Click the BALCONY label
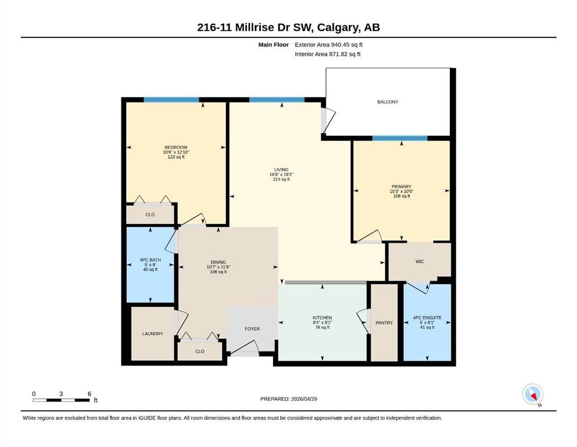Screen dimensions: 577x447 click(388, 102)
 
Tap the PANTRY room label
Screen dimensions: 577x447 click(384, 322)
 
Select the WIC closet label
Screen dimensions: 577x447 click(420, 261)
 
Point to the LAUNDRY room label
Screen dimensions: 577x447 click(152, 334)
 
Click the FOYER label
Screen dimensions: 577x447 click(252, 329)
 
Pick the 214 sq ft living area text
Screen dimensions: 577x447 click(281, 179)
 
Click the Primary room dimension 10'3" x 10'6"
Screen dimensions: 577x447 click(401, 191)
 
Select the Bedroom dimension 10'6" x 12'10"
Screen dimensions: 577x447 click(176, 152)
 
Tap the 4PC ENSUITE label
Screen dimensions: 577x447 click(427, 318)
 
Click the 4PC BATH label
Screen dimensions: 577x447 click(150, 260)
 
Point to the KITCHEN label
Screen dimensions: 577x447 click(322, 318)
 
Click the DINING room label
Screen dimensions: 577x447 click(218, 262)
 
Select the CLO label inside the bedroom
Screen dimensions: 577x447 click(150, 214)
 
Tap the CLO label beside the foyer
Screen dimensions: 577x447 click(199, 351)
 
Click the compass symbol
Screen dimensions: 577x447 click(533, 394)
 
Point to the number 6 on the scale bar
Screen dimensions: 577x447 click(89, 393)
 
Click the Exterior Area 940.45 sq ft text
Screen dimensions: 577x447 click(329, 45)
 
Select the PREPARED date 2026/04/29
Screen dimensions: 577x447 click(304, 399)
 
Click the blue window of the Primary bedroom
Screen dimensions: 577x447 click(400, 138)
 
